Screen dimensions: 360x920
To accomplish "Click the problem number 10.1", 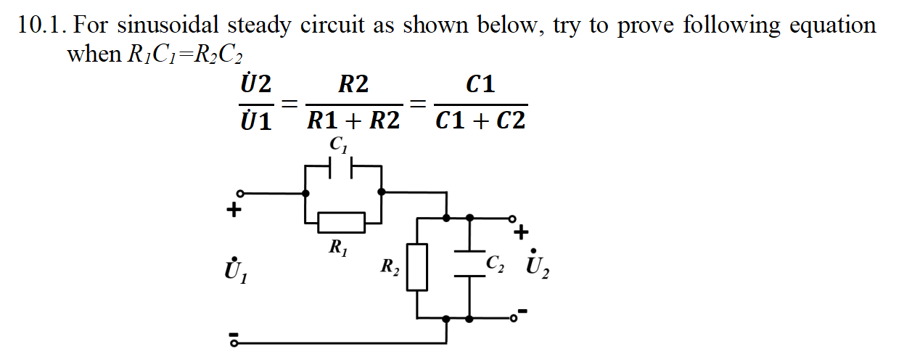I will coord(42,26).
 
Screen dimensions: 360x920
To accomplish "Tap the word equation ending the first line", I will coord(832,26).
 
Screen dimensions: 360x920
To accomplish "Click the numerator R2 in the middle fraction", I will coord(353,85).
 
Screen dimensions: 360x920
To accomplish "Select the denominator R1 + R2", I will coord(353,120).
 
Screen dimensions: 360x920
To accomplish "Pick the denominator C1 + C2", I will coord(480,120).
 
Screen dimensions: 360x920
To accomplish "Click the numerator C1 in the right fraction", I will coord(480,85).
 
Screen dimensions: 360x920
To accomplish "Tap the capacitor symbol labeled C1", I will coord(342,168).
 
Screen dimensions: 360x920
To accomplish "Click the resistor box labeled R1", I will coord(341,223).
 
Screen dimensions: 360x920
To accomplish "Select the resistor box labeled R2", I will coord(416,267).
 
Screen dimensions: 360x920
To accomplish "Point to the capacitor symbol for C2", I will coord(470,266).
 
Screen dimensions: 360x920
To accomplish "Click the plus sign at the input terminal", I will coord(233,211).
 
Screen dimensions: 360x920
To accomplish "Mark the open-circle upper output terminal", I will coord(512,217).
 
